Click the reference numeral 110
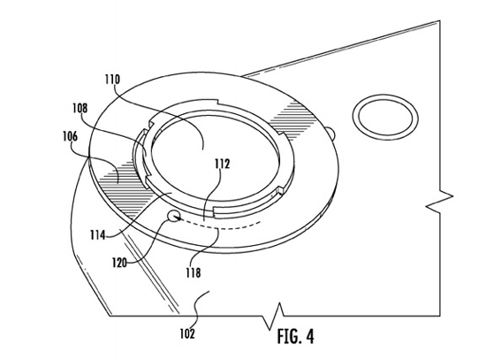tap(112, 80)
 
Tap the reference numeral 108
tap(80, 108)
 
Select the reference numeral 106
tap(70, 136)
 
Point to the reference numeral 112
tap(223, 164)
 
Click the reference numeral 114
tap(97, 235)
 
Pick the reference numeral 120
tap(119, 264)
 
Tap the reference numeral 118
tap(194, 272)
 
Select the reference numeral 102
tap(187, 334)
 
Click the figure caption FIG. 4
tap(295, 336)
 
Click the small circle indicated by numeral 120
tap(173, 215)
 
